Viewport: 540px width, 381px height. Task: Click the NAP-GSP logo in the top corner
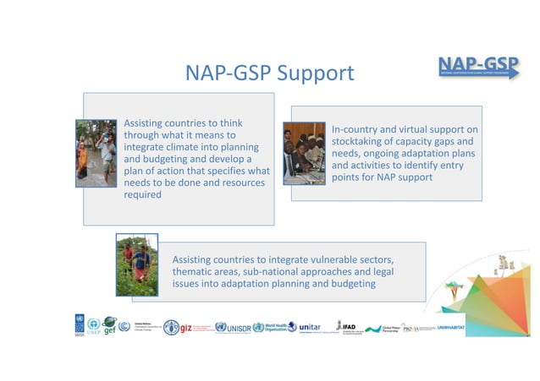click(x=478, y=65)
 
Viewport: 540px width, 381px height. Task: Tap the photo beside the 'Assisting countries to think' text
click(x=96, y=153)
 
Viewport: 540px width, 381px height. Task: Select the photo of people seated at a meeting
click(x=304, y=153)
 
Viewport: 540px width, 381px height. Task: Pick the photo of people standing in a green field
click(x=137, y=265)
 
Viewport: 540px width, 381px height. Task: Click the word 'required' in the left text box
click(x=142, y=194)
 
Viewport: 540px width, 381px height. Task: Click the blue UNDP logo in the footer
click(x=79, y=324)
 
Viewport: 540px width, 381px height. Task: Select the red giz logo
click(x=182, y=326)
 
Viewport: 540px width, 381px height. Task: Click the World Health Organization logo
click(x=274, y=327)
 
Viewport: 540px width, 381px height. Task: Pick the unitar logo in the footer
click(x=310, y=326)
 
